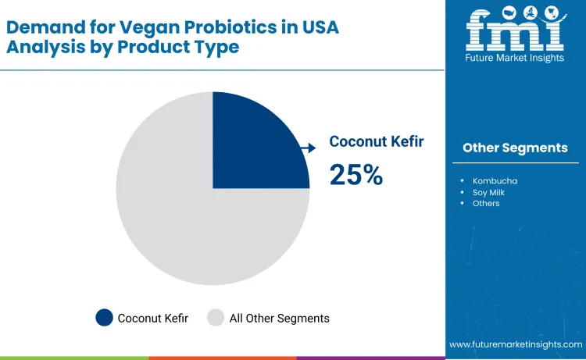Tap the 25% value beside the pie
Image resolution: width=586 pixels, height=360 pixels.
click(x=356, y=174)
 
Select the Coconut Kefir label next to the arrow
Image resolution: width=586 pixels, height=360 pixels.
click(x=377, y=141)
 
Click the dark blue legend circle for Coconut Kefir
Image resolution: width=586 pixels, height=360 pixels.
click(x=104, y=318)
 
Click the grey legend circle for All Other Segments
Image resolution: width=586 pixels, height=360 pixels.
click(x=216, y=318)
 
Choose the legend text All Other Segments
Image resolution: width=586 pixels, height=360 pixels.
click(x=279, y=318)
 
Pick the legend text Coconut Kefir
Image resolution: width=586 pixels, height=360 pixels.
click(x=153, y=318)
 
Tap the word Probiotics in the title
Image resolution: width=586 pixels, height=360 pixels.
click(x=221, y=27)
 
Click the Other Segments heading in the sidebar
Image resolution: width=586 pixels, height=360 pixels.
click(x=515, y=148)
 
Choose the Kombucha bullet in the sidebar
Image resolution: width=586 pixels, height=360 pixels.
click(x=495, y=181)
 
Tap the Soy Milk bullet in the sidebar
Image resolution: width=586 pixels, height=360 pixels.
click(x=491, y=192)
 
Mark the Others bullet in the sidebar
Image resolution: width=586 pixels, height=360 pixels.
click(x=486, y=203)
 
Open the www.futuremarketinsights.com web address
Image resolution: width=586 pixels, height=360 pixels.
click(x=516, y=344)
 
